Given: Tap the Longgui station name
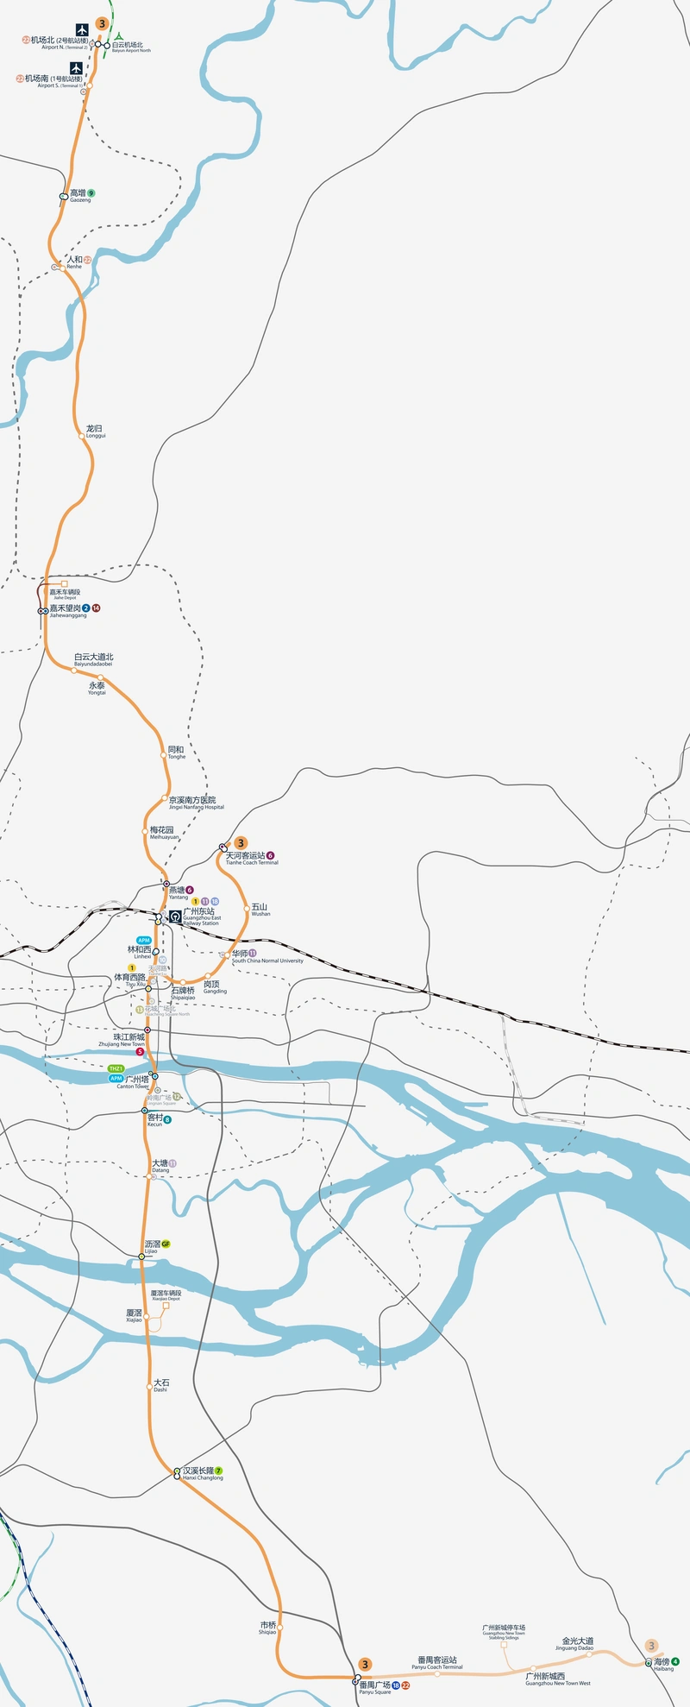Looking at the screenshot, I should pos(95,431).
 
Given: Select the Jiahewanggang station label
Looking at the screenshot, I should pos(68,611).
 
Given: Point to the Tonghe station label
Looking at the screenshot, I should pos(176,753).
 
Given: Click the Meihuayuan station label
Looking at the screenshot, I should pos(164,833).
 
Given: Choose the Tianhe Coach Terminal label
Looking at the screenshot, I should pos(251,858).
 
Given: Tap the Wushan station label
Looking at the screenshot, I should pos(260,910).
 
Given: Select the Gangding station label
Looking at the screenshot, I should pos(214,987).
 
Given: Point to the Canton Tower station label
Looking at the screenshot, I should pos(135,1081).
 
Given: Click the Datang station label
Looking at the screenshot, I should pos(160,1166).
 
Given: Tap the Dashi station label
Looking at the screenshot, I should pos(160,1385).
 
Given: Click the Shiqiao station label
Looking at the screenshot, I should pos(267,1628).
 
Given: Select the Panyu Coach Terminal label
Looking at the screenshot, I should pos(437,1662).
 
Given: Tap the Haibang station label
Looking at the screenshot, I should pos(662,1664).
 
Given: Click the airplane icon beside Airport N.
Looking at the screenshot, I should pos(82,29).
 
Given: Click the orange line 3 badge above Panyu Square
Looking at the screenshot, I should pos(366,1664).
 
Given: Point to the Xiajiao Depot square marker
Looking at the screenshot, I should pos(166,1306).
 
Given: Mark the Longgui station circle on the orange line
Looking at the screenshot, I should pos(83,437).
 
